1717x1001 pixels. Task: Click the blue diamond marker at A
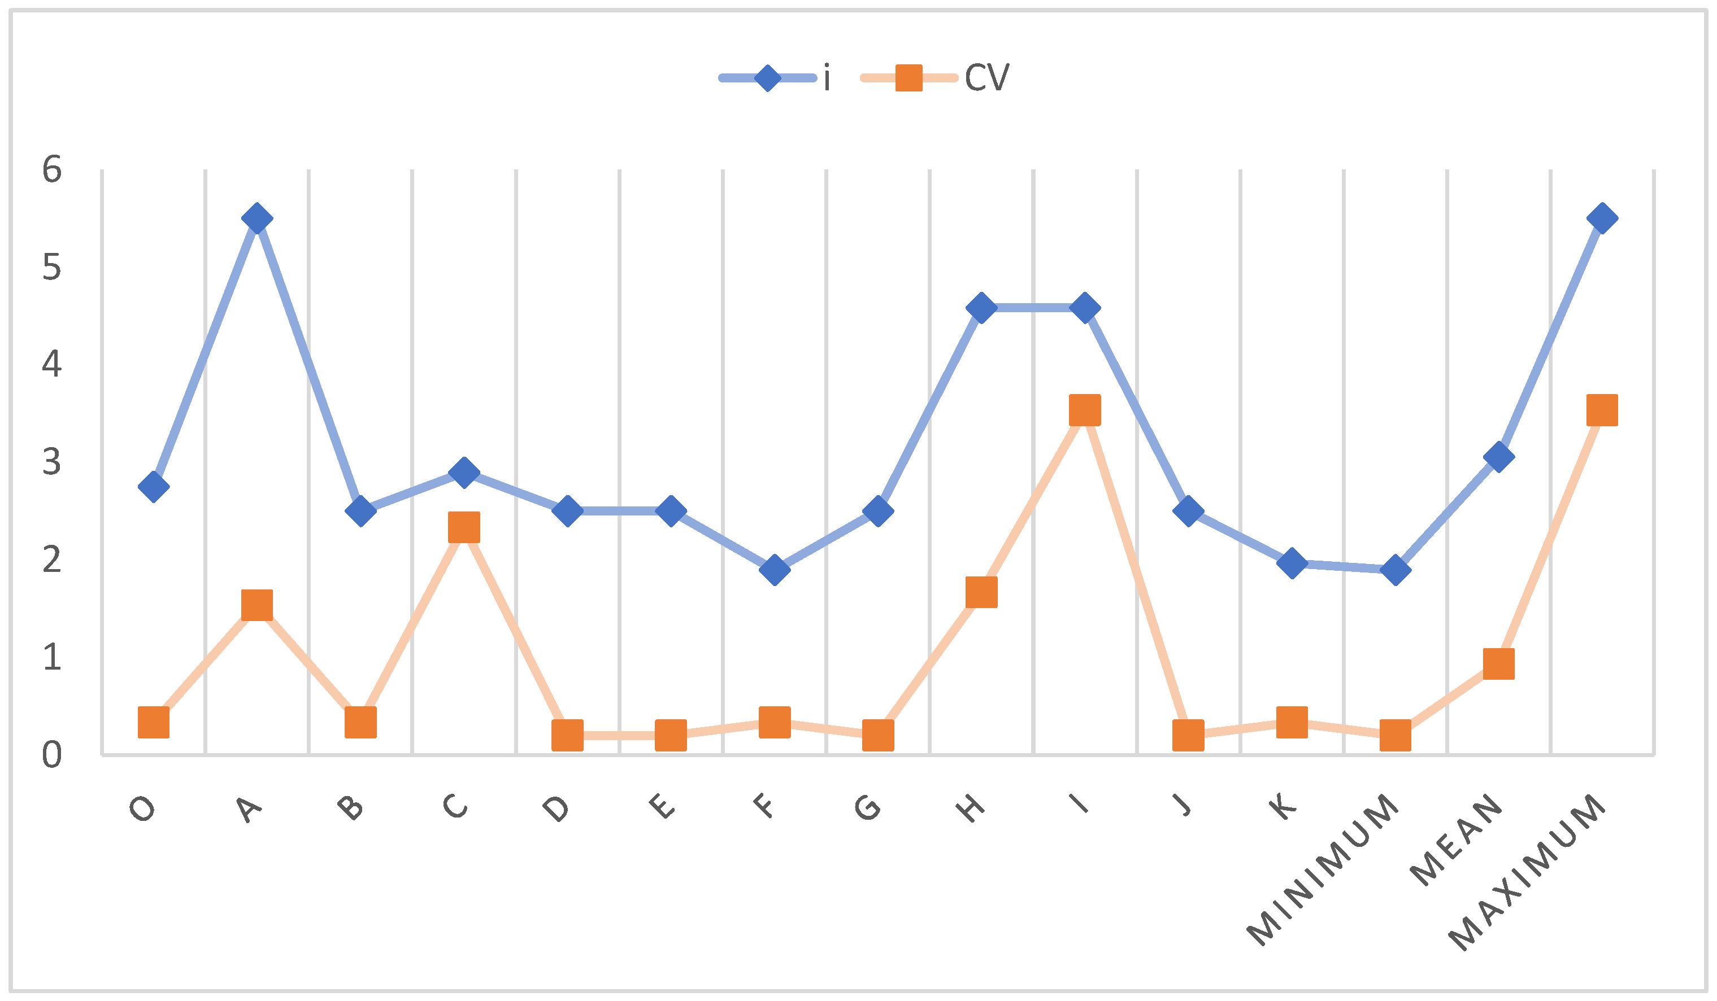point(257,218)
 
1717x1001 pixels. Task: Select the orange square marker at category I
point(1085,409)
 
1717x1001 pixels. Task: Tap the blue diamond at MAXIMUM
point(1602,218)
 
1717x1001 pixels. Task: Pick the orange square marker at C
point(464,527)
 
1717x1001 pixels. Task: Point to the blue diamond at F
point(774,569)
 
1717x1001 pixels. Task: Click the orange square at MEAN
point(1498,664)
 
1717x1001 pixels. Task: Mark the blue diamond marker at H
point(981,308)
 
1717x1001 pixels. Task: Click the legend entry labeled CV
point(935,77)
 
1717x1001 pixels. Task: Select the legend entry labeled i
point(775,77)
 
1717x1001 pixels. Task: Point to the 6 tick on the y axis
point(52,169)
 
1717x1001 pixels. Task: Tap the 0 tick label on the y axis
point(52,754)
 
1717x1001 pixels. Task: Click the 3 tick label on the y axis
point(52,462)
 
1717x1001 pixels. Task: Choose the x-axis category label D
point(556,808)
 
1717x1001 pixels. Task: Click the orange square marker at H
point(981,592)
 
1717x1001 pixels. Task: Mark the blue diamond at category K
point(1292,563)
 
